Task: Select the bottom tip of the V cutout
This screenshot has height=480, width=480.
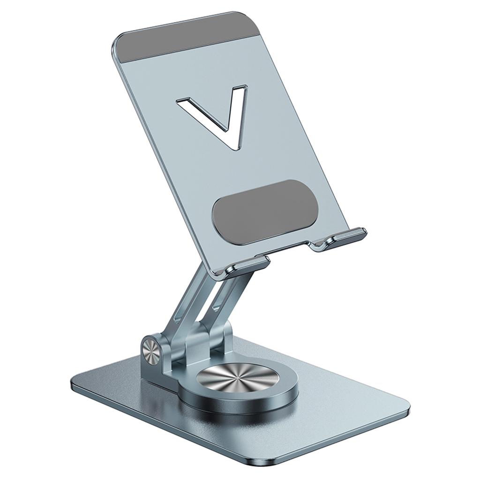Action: pyautogui.click(x=234, y=145)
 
